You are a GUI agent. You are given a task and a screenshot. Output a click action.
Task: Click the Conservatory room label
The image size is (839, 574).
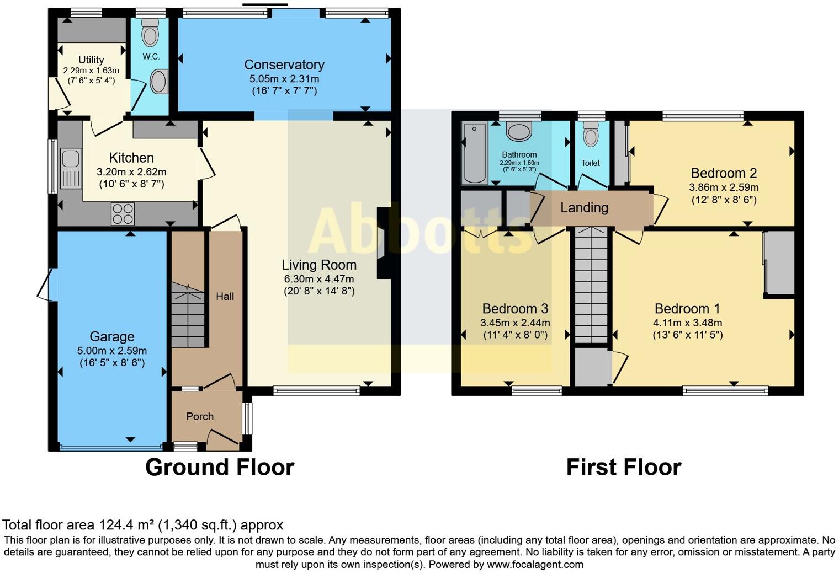284,65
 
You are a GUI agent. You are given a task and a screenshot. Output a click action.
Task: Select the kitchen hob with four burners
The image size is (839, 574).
123,214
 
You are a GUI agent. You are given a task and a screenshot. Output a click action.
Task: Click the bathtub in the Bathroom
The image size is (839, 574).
474,153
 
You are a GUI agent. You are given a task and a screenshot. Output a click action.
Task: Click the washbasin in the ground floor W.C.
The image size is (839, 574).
159,82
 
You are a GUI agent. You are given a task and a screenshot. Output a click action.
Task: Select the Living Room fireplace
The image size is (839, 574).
383,243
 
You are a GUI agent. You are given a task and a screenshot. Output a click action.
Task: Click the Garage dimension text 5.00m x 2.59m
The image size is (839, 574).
112,351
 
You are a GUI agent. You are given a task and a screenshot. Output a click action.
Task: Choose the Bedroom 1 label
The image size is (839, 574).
687,309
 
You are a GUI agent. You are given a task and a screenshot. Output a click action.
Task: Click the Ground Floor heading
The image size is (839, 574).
220,467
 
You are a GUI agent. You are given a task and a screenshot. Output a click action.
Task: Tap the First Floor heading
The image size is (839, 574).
624,467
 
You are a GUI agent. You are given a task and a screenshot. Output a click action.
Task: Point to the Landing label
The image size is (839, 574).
584,207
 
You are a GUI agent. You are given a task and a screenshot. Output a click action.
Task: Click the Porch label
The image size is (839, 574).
199,416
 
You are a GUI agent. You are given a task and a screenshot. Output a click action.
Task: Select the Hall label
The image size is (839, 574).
225,296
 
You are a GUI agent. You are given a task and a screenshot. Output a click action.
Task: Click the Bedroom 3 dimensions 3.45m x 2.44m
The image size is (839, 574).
515,323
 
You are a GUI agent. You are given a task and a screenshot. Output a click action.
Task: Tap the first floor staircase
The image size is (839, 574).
591,287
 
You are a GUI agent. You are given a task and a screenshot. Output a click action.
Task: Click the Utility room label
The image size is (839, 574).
91,60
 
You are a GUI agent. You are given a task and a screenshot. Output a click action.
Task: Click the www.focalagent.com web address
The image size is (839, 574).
535,564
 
